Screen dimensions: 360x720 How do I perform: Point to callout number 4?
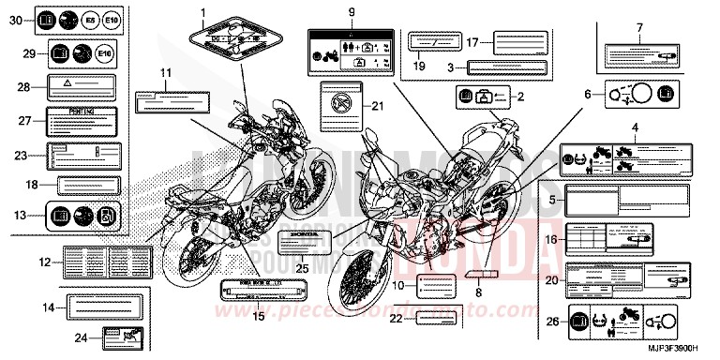635,127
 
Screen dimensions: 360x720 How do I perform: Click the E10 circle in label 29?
111,55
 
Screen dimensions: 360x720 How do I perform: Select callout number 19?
420,67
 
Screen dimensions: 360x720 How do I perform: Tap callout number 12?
44,263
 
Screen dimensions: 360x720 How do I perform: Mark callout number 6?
589,94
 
